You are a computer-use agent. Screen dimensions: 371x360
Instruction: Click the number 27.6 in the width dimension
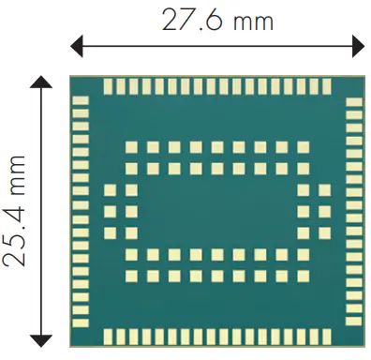191,18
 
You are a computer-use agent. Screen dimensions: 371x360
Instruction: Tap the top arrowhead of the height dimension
40,83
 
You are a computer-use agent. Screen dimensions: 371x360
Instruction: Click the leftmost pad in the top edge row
108,86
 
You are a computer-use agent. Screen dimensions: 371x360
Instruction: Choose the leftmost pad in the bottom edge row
108,335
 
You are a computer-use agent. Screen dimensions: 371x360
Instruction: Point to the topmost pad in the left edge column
81,98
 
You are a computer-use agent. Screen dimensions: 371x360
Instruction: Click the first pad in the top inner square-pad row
131,147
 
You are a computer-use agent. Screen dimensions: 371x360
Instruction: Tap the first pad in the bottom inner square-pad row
131,275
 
